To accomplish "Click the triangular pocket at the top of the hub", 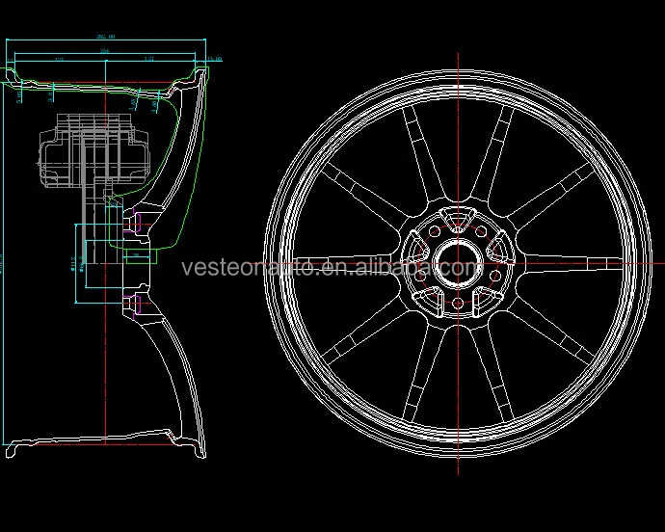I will point(457,215).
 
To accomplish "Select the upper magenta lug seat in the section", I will point(134,223).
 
